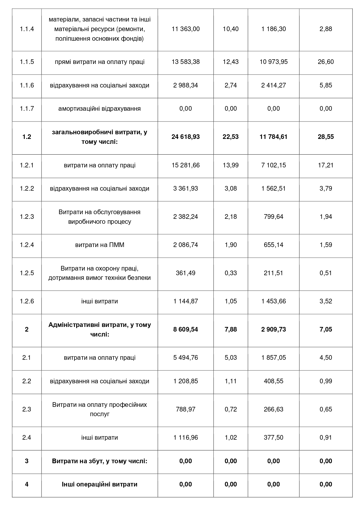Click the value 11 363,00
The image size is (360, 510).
point(186,29)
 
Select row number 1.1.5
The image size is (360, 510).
point(27,62)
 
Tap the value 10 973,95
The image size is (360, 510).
point(273,62)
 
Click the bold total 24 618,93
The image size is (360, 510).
point(186,137)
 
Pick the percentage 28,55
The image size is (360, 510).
point(326,137)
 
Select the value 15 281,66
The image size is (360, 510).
point(186,165)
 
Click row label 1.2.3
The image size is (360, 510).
point(27,217)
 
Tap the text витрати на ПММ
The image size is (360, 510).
point(100,245)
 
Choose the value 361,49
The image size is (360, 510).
point(186,273)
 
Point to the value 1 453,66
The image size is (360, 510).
point(273,301)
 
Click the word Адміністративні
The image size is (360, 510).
point(73,325)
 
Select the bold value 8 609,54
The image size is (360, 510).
point(186,330)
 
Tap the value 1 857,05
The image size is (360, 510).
point(273,358)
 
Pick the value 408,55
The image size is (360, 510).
point(273,381)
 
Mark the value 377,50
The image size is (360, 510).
point(273,438)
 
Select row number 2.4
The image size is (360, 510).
point(27,438)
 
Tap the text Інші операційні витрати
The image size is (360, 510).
point(100,484)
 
